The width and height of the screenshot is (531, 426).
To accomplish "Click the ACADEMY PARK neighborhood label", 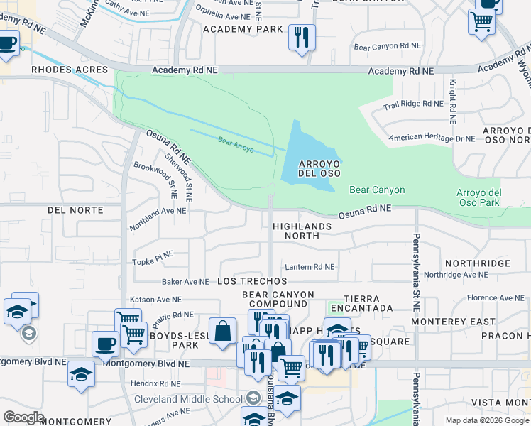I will (243, 29).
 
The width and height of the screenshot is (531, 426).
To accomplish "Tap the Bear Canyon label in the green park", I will (377, 190).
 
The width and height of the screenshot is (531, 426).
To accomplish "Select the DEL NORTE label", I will (75, 210).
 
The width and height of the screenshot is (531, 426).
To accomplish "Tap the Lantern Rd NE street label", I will (310, 267).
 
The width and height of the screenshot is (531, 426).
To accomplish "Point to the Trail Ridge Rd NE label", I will (413, 104).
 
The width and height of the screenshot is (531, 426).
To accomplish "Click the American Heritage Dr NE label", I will (432, 138).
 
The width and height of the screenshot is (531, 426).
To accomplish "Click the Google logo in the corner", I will (23, 417).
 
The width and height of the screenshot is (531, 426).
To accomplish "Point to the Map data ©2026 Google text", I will (486, 420).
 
